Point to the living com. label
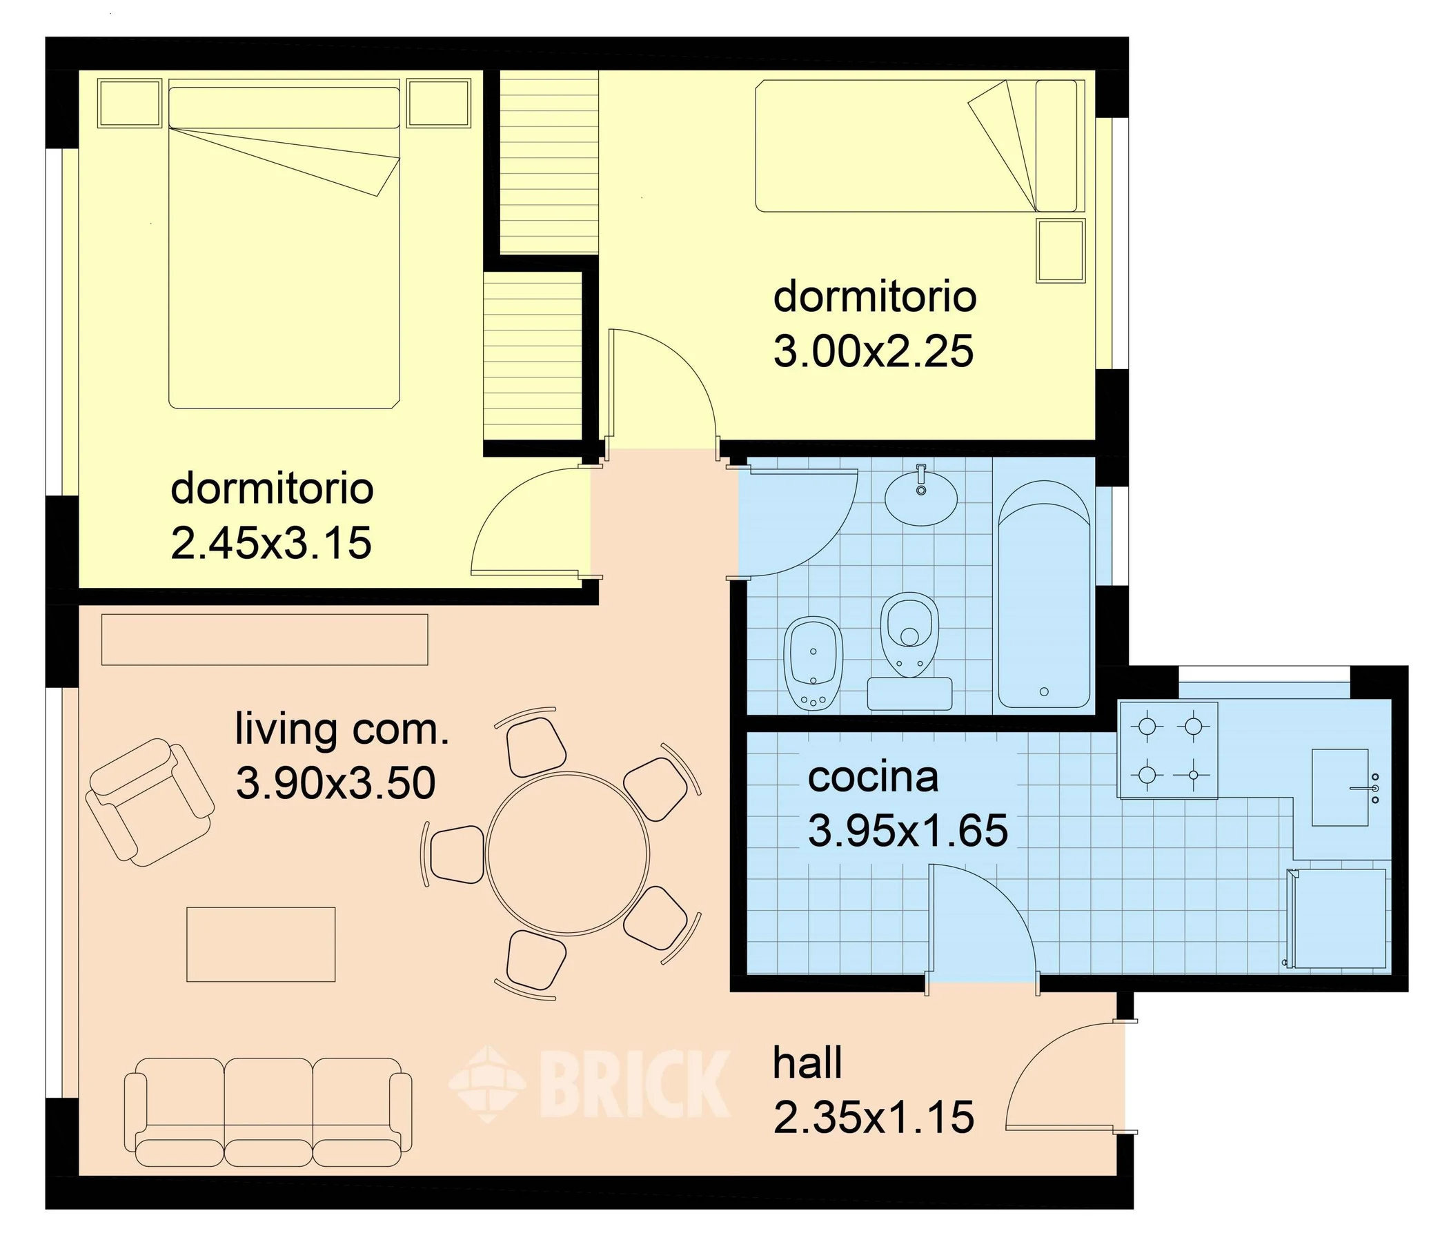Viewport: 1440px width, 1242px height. pos(342,729)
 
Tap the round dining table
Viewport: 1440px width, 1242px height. pos(568,854)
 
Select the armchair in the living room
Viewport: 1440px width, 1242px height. pos(150,802)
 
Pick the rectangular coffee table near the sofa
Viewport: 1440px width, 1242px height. pos(262,945)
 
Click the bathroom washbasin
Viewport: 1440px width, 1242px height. pos(921,496)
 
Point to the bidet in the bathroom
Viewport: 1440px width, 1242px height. pos(813,663)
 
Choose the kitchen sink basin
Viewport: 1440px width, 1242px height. pos(1340,787)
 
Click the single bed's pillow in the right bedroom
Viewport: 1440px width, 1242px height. pos(1056,146)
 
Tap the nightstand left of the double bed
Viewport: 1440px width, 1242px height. pos(130,103)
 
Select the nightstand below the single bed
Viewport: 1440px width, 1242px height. pos(1061,250)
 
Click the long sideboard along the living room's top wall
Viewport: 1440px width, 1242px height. pos(265,640)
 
